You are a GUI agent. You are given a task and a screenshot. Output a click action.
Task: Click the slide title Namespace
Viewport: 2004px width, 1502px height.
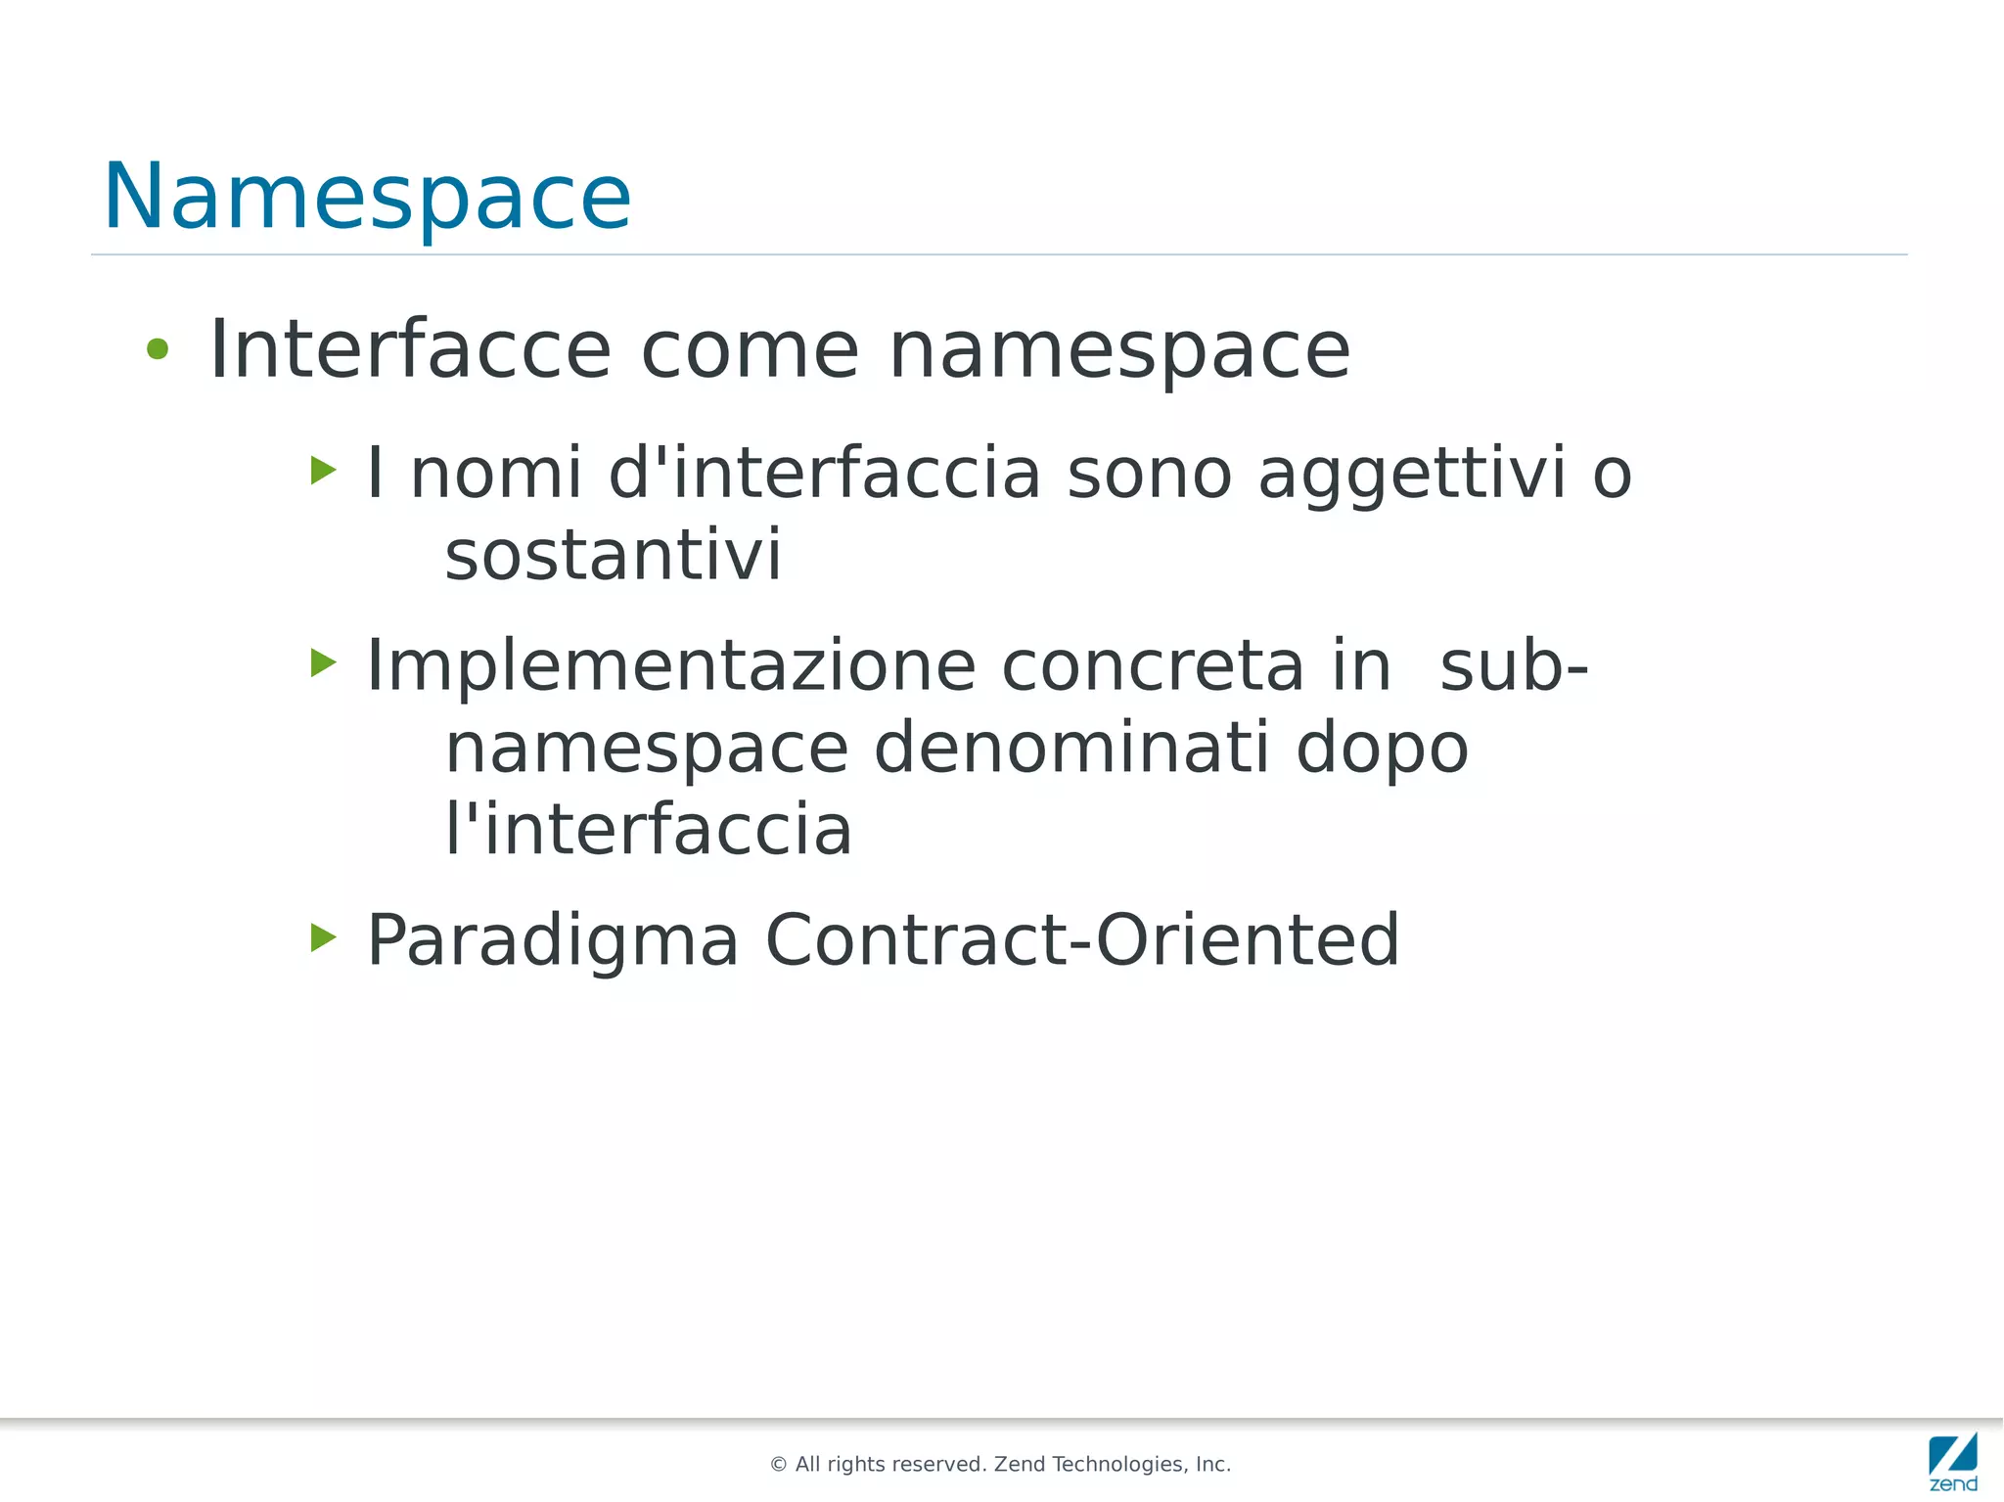point(367,197)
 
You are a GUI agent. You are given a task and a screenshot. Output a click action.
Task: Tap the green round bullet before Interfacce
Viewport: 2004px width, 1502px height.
point(158,348)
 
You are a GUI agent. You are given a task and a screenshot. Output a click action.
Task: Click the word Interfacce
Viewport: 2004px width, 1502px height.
point(410,349)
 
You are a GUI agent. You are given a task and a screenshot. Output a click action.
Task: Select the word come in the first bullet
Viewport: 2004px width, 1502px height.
point(750,349)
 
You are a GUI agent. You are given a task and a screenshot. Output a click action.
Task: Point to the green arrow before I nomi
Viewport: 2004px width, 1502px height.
point(323,471)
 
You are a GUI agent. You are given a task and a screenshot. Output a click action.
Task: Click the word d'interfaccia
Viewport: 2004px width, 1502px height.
point(825,473)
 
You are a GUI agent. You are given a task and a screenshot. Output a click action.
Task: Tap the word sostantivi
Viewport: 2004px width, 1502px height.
point(614,555)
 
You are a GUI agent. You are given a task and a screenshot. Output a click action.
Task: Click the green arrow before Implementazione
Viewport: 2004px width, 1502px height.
point(323,662)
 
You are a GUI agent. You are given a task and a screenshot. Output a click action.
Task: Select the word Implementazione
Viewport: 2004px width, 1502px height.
point(670,666)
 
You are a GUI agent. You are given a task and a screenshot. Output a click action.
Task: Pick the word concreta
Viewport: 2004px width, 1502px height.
point(1153,666)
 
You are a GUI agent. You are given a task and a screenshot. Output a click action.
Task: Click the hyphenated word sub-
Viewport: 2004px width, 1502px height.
point(1514,666)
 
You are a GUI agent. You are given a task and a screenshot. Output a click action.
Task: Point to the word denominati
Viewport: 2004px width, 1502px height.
point(1071,749)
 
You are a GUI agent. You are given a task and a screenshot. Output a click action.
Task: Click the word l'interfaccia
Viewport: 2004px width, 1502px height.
point(649,830)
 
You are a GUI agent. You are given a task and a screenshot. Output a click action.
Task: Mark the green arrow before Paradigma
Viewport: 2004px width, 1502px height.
point(323,937)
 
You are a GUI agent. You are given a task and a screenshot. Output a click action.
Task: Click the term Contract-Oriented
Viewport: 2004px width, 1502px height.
point(1082,939)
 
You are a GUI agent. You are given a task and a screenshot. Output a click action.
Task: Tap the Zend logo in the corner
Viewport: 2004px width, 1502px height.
point(1952,1461)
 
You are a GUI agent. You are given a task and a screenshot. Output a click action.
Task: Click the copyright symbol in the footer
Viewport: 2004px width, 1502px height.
point(779,1465)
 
